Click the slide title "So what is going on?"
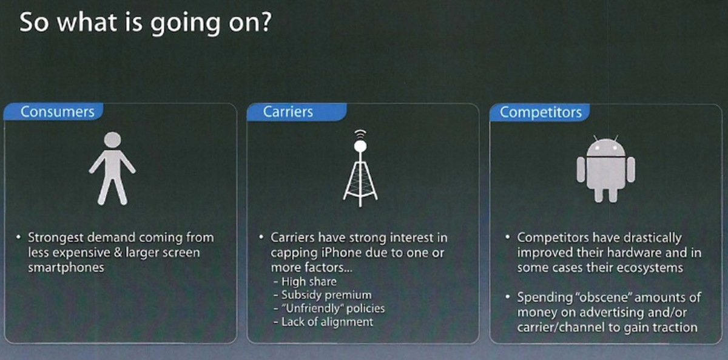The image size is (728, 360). click(145, 22)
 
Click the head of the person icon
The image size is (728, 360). click(112, 140)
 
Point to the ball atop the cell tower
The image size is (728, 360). click(360, 146)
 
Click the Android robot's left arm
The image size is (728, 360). click(581, 170)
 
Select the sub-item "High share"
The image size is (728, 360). click(309, 282)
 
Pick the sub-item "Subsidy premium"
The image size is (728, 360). click(326, 295)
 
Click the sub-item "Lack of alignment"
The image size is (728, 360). click(327, 322)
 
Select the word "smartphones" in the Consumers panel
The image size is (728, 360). click(66, 268)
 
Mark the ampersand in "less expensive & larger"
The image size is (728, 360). click(117, 253)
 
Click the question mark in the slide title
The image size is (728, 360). click(265, 22)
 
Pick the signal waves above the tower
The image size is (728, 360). click(360, 134)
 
